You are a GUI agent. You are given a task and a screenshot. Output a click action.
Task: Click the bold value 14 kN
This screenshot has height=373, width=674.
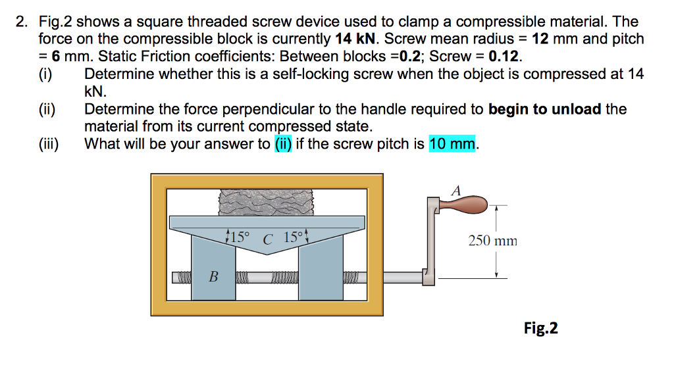point(355,39)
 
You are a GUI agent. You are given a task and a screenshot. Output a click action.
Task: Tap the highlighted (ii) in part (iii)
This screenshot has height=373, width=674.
point(282,143)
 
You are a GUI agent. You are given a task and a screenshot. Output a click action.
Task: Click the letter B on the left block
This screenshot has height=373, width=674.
point(213,277)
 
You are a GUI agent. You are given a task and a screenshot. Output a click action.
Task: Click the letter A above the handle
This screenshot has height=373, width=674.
point(457,190)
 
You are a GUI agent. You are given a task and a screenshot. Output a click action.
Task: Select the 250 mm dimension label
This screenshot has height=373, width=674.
point(492,241)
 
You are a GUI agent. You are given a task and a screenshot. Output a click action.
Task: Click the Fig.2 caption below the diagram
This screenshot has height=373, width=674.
point(540,328)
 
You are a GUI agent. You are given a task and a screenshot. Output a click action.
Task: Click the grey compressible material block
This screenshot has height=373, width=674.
point(267,201)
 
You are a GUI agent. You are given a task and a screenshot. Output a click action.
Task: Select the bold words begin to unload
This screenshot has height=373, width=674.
point(545,109)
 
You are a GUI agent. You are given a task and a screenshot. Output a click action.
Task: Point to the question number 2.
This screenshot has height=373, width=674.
point(22,22)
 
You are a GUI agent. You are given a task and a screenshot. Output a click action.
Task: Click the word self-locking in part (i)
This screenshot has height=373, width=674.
point(309,74)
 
